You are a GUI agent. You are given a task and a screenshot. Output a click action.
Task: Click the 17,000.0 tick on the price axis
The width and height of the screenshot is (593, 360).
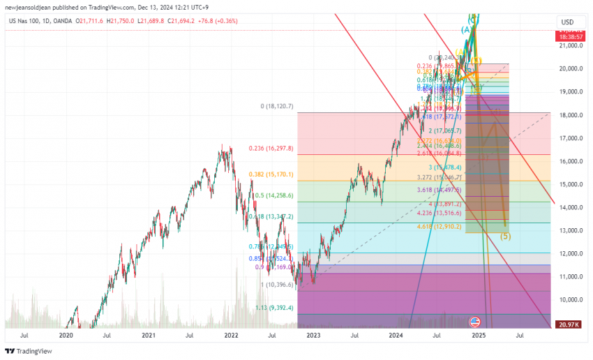coord(571,138)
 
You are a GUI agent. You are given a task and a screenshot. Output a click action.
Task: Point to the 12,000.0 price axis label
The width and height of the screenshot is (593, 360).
coord(571,253)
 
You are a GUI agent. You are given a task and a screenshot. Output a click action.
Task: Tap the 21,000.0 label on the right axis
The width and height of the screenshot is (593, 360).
coord(571,45)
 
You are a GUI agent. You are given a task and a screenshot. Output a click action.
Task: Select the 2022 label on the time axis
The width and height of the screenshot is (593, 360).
coord(231,336)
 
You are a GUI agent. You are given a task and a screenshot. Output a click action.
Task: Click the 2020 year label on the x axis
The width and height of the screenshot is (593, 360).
coord(66,336)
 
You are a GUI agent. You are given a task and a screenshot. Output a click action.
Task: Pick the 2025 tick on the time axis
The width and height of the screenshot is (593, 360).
coord(479,336)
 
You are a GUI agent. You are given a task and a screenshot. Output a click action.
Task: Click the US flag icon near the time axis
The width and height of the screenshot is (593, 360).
coord(475,322)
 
